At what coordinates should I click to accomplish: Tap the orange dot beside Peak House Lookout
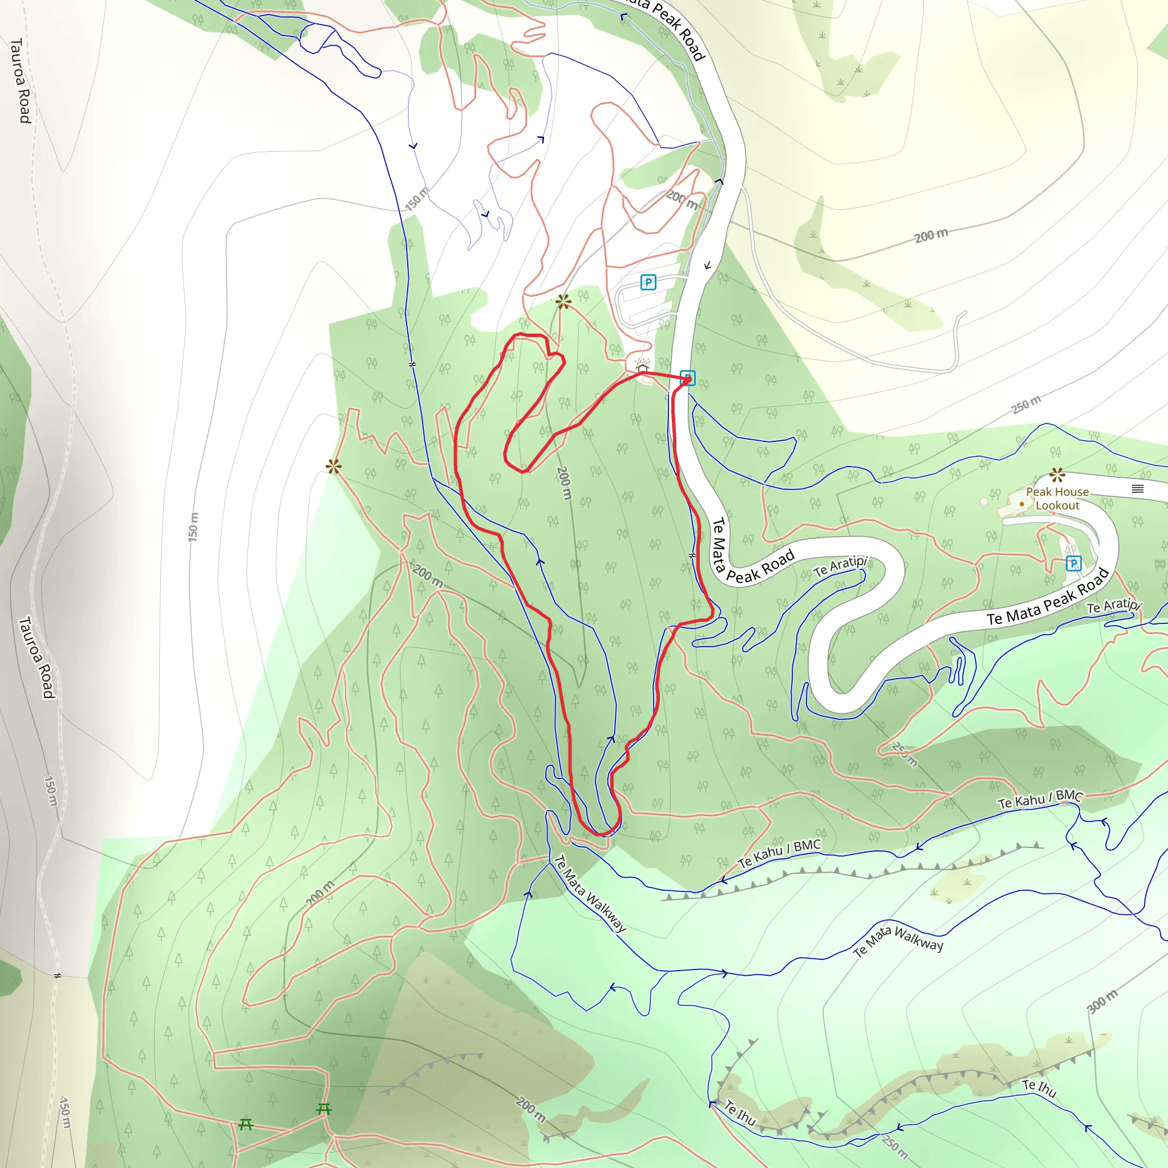click(x=1021, y=504)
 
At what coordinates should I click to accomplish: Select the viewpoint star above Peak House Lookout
click(x=1057, y=474)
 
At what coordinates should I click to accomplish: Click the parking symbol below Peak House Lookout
click(x=1073, y=563)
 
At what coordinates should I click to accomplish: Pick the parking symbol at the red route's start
click(x=687, y=378)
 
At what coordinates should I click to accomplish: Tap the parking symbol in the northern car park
click(x=648, y=282)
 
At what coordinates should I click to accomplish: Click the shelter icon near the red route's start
click(x=642, y=366)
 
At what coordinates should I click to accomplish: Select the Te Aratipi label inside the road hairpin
click(x=840, y=566)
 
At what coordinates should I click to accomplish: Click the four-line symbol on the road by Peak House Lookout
click(x=1138, y=489)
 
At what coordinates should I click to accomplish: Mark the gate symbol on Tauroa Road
click(x=58, y=976)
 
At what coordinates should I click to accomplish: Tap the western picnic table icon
click(x=245, y=1125)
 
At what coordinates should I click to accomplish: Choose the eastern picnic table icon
click(x=324, y=1109)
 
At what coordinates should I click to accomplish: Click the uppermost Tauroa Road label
click(x=21, y=80)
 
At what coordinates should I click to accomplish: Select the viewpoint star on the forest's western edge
click(x=334, y=466)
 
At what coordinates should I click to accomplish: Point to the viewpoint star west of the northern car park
click(x=563, y=301)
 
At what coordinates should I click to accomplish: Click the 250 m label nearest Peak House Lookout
click(x=1027, y=404)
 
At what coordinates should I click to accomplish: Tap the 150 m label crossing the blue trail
click(x=417, y=199)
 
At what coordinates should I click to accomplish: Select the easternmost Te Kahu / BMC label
click(x=1040, y=799)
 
